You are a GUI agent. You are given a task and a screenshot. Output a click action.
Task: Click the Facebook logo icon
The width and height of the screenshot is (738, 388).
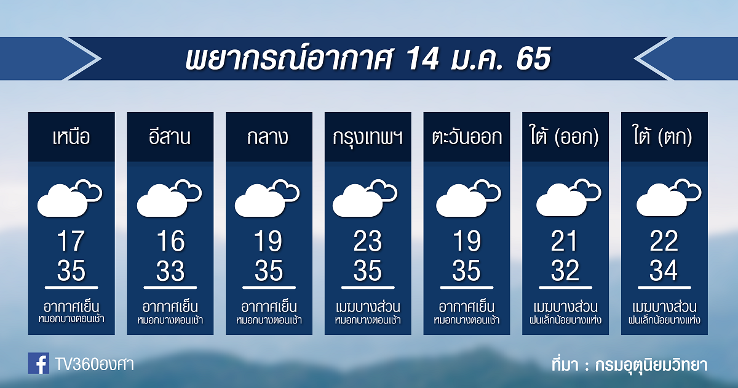click(39, 363)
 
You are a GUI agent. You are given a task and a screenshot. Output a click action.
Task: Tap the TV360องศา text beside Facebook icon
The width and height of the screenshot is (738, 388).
click(95, 365)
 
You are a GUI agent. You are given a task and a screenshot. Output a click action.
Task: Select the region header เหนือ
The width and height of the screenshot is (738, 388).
click(71, 137)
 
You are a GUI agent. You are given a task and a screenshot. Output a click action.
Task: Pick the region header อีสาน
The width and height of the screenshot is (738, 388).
click(170, 136)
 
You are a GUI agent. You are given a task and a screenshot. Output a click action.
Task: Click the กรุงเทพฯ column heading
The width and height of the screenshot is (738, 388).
click(367, 137)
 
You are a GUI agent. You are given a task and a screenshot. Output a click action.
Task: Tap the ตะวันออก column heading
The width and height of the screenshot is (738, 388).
click(467, 137)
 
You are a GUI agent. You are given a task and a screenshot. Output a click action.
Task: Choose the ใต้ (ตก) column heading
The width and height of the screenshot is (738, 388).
click(662, 136)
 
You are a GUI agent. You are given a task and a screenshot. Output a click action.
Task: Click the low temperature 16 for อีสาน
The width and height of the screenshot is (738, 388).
click(170, 241)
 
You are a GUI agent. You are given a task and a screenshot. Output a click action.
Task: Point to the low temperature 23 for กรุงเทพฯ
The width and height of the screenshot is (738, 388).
click(368, 241)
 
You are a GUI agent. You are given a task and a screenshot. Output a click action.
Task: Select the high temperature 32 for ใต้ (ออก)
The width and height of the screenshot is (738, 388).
click(565, 270)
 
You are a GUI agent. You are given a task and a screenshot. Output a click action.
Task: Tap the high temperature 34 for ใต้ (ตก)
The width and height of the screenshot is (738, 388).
click(664, 270)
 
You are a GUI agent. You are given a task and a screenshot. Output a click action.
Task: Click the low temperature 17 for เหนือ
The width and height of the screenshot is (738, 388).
click(71, 241)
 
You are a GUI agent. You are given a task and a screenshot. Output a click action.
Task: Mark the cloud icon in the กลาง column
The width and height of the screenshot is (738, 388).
click(267, 198)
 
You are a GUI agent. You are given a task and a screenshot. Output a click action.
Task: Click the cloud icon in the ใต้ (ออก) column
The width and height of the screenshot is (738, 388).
click(569, 197)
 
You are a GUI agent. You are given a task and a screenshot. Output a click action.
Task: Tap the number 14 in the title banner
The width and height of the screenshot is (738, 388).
click(422, 59)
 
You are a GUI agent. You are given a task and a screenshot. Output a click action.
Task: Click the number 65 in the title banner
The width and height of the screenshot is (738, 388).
click(534, 59)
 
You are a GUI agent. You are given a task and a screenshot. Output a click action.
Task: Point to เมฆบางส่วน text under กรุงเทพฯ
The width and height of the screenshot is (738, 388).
click(368, 307)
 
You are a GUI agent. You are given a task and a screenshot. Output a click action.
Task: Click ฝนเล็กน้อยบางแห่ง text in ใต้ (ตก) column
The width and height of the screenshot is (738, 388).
click(664, 320)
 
